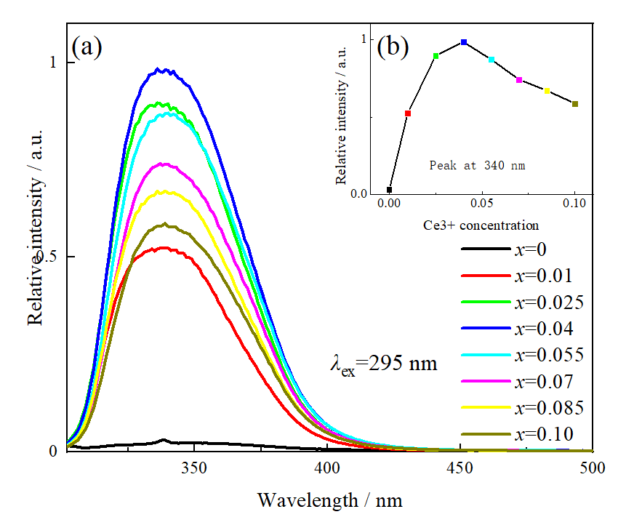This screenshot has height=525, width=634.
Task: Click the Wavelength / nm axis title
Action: (x=329, y=500)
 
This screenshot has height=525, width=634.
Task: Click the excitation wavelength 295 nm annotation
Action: (x=383, y=362)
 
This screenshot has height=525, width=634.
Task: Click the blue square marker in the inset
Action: (x=464, y=42)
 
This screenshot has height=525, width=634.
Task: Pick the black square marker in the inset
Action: (x=390, y=190)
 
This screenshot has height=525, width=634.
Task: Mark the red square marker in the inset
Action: (x=408, y=113)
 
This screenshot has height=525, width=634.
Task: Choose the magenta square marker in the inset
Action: (x=519, y=79)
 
